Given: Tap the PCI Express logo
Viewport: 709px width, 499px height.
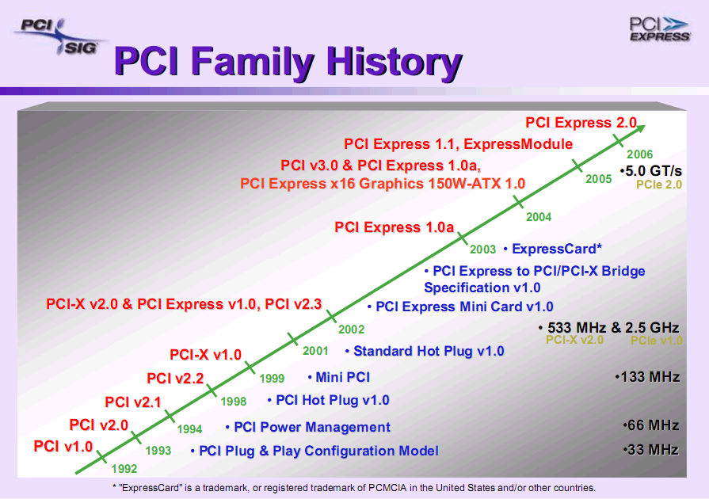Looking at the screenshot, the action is pyautogui.click(x=660, y=29).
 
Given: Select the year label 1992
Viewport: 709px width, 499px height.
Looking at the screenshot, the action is pyautogui.click(x=124, y=469).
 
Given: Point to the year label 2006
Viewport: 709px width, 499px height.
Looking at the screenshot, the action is pyautogui.click(x=640, y=154).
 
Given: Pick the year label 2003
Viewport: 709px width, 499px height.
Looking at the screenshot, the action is pyautogui.click(x=482, y=249).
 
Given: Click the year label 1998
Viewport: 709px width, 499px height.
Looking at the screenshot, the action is pyautogui.click(x=234, y=402).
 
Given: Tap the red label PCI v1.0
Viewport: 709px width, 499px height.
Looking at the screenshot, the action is pyautogui.click(x=63, y=447).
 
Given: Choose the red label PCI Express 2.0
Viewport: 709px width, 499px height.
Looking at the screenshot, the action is pyautogui.click(x=581, y=123).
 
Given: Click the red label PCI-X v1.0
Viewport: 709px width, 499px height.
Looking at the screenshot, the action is pyautogui.click(x=205, y=355).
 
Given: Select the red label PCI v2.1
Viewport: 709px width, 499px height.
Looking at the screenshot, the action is pyautogui.click(x=133, y=402).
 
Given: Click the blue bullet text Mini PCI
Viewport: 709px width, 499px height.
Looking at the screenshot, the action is pyautogui.click(x=339, y=377).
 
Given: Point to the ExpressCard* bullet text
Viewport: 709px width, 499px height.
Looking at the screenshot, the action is pyautogui.click(x=553, y=249).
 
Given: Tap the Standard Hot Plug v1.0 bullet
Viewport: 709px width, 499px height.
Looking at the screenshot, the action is pyautogui.click(x=425, y=351).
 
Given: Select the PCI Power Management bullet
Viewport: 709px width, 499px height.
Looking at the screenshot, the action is pyautogui.click(x=308, y=427).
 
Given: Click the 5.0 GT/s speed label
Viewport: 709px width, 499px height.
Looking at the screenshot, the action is pyautogui.click(x=651, y=171).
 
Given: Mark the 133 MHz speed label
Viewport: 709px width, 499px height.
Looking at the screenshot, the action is pyautogui.click(x=647, y=377).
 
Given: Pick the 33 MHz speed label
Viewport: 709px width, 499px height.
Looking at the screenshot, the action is pyautogui.click(x=650, y=450).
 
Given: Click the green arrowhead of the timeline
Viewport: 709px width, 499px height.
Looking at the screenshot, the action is pyautogui.click(x=639, y=129).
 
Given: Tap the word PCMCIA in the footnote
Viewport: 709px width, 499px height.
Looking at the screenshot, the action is pyautogui.click(x=388, y=488).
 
